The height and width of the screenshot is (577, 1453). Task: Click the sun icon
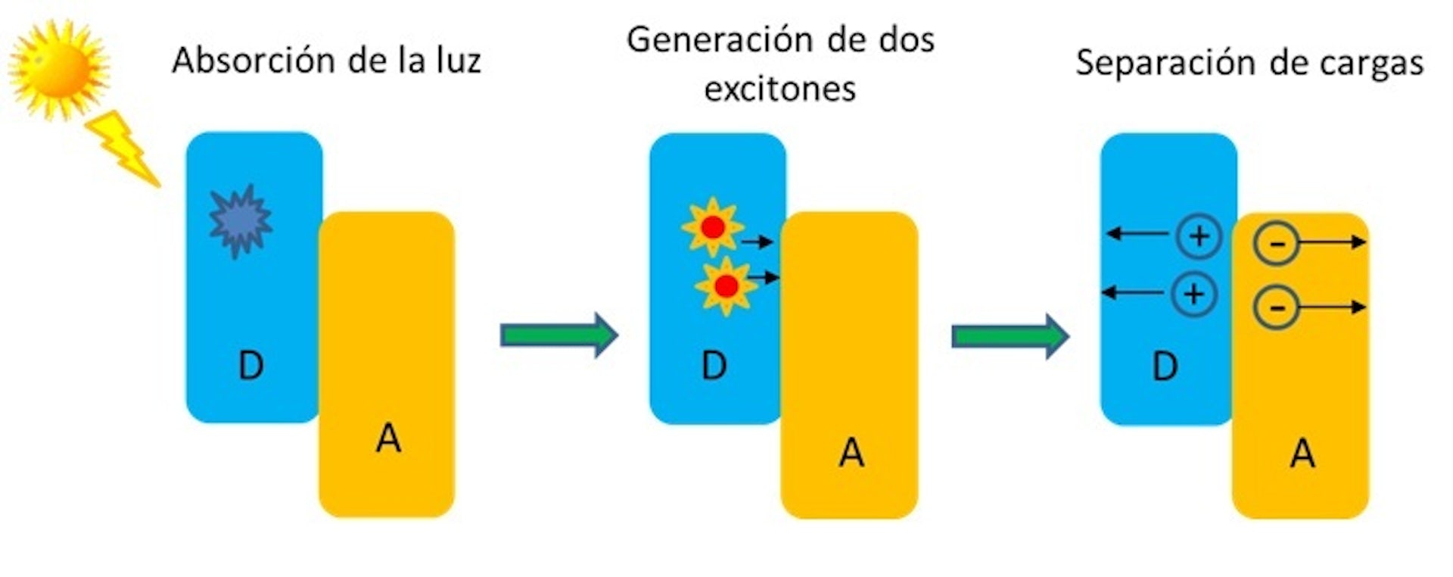tap(58, 68)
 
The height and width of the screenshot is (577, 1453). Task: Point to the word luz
tap(458, 61)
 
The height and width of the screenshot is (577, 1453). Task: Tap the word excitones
tap(779, 89)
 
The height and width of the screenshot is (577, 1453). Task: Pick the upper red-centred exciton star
tap(712, 226)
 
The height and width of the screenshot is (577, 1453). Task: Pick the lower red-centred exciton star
tap(726, 285)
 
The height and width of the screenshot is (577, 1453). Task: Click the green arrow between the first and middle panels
tap(558, 334)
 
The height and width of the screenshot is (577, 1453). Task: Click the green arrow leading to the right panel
tap(1010, 335)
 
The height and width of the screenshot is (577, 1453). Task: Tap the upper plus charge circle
tap(1199, 236)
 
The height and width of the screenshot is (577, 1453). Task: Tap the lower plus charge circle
tap(1193, 294)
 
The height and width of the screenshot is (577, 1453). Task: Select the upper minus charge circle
tap(1276, 243)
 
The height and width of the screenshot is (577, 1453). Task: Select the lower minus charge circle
tap(1276, 307)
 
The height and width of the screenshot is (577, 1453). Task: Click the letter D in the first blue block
tap(251, 366)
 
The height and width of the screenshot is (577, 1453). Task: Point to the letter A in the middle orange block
tap(851, 453)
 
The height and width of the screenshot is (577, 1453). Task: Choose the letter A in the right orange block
tap(1302, 453)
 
